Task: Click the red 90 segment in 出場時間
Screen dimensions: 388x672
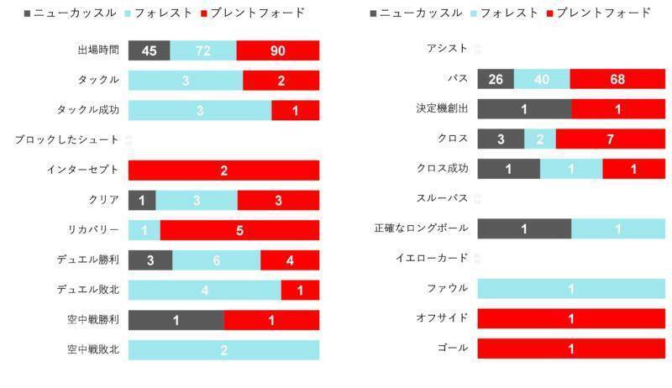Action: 277,50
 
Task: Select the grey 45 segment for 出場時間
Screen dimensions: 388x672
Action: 149,50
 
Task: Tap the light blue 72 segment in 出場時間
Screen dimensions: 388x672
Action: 203,50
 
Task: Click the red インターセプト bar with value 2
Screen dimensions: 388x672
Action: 223,170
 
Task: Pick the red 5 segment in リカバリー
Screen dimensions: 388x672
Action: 239,230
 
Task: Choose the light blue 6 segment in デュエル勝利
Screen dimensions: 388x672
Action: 216,260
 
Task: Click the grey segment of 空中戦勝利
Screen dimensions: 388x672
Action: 176,320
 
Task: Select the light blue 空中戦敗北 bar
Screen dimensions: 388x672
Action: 223,350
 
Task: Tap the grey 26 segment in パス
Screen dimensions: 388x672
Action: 496,79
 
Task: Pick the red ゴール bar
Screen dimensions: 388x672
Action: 571,348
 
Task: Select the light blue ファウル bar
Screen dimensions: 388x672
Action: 571,288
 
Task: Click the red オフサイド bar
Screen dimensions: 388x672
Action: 571,318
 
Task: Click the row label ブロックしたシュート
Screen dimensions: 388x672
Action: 67,140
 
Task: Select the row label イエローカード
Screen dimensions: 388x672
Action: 432,258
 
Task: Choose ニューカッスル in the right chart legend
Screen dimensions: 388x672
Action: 421,13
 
